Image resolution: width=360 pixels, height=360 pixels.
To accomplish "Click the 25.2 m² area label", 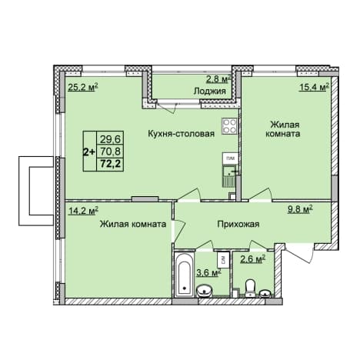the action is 83,88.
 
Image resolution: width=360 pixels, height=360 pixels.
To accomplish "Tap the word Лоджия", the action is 210,91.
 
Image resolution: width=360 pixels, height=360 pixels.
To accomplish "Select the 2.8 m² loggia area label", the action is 218,79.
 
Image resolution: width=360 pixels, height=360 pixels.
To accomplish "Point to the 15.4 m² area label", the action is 315,87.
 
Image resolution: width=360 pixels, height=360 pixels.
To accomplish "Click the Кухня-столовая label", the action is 182,134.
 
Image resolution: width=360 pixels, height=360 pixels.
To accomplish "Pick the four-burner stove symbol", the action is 229,126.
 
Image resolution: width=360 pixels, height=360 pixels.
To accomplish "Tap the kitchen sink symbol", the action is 229,177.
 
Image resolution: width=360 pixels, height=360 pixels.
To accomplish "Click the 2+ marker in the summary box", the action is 88,152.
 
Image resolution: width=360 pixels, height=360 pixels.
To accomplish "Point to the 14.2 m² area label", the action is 83,212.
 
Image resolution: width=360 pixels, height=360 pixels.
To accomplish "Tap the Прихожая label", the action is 238,225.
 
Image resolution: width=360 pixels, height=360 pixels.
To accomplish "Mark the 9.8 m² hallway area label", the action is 300,209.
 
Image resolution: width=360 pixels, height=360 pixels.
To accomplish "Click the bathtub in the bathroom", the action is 185,275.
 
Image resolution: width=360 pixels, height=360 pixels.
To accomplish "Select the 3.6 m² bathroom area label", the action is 208,273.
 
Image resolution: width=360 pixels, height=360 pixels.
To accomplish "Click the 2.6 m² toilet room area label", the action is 252,259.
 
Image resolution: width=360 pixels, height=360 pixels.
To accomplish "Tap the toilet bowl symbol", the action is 250,288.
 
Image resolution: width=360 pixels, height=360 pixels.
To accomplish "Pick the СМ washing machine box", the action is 219,260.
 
